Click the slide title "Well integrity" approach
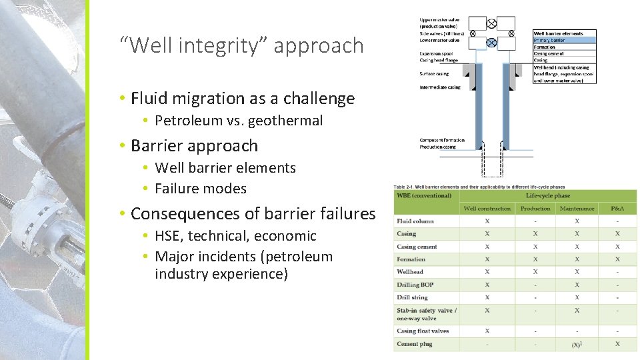click(x=242, y=46)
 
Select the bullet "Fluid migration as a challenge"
click(x=243, y=99)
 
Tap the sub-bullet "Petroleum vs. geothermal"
click(x=239, y=121)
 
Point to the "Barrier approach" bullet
click(x=194, y=145)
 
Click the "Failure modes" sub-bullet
click(x=201, y=189)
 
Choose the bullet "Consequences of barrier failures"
click(x=253, y=214)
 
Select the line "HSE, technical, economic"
click(x=235, y=236)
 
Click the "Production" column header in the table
click(x=535, y=209)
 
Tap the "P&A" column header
click(x=617, y=209)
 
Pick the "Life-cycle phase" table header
click(x=548, y=195)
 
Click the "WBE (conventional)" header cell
click(x=424, y=195)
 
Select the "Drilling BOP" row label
click(x=415, y=285)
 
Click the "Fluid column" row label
click(x=415, y=221)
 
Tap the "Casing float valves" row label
click(x=423, y=331)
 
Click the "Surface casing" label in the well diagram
click(x=434, y=74)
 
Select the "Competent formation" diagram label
click(x=441, y=140)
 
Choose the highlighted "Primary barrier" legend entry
click(x=549, y=40)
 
